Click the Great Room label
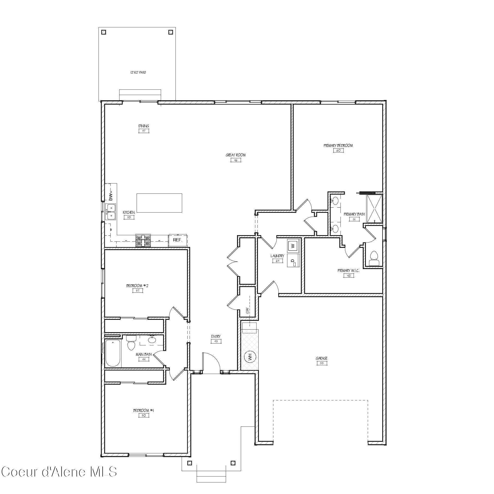(235, 155)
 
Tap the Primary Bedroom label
(338, 146)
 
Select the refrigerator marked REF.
(178, 240)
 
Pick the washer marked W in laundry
(293, 245)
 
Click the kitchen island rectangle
(159, 203)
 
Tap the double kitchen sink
(111, 211)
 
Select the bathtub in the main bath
(113, 353)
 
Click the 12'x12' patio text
(138, 73)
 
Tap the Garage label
(322, 358)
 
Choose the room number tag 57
(138, 291)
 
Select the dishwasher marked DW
(111, 196)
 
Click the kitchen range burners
(143, 241)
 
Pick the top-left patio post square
(104, 32)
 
